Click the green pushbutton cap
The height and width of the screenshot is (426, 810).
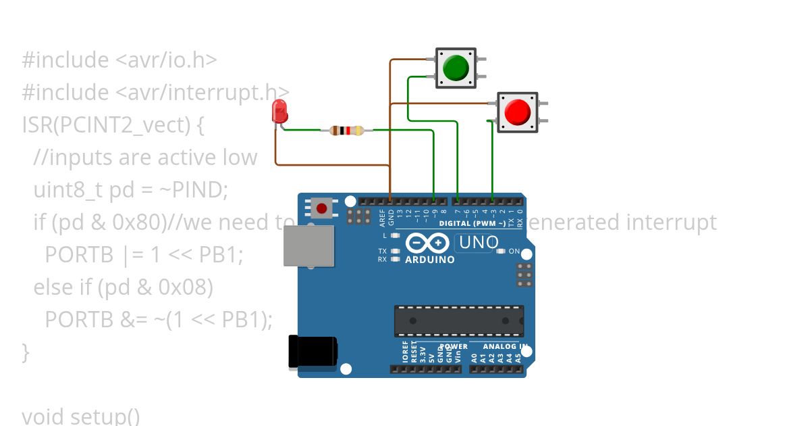(456, 68)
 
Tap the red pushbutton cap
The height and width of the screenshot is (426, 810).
(518, 112)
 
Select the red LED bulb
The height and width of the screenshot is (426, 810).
(279, 111)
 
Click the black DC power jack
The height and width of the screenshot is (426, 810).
(312, 352)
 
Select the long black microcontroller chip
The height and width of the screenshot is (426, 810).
(459, 321)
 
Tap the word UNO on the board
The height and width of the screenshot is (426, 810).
(478, 243)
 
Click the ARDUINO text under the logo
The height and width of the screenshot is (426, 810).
(429, 260)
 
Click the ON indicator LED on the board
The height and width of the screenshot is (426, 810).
(500, 252)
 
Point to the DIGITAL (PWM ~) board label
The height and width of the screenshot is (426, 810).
(473, 223)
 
